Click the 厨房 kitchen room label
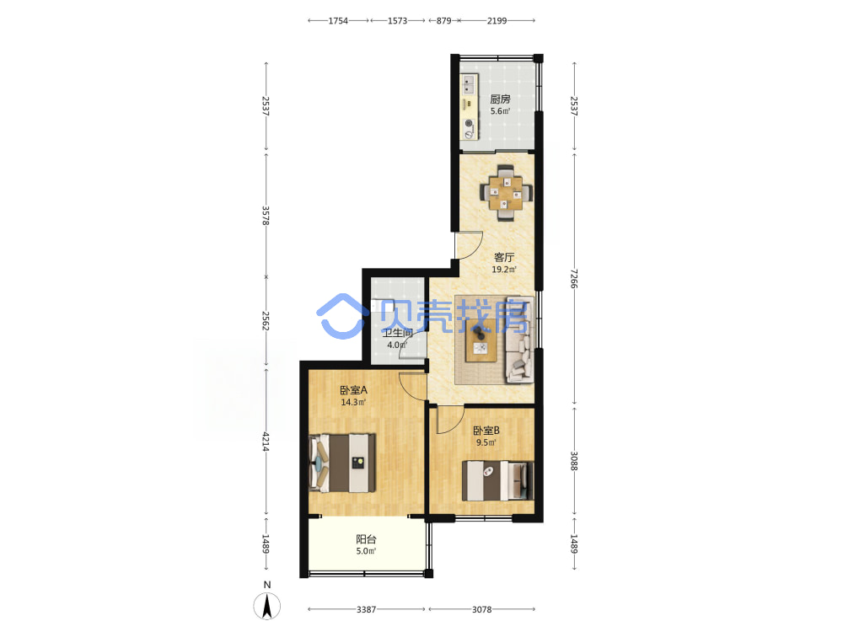coord(500,99)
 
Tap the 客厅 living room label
coord(504,257)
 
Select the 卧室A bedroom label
coord(353,389)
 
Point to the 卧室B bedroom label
coord(486,431)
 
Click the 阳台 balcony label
coord(366,539)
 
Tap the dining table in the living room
coord(505,193)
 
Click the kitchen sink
coord(469,84)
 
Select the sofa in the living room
coord(519,340)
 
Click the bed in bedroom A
coord(342,463)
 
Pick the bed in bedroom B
coord(498,480)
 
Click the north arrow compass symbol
coord(266,606)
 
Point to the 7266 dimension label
coord(574,278)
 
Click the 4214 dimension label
coord(266,442)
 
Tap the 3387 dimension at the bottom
coord(366,609)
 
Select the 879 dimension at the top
coord(443,20)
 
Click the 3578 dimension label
coord(266,216)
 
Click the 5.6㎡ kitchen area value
coord(500,111)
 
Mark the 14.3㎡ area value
coord(353,402)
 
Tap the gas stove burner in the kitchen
coord(469,124)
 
